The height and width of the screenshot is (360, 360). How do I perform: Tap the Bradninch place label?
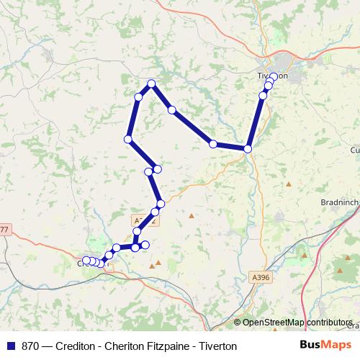coord(339,203)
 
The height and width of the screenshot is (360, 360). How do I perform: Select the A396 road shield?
coord(261,275)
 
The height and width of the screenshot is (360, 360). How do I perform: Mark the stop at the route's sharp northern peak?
coord(151,84)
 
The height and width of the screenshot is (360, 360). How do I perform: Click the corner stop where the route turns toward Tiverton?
coord(248,149)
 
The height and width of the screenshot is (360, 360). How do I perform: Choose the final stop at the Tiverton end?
coord(274,77)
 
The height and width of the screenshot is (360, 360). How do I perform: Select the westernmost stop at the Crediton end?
coord(86,260)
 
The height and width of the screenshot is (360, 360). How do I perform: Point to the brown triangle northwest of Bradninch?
coord(289,184)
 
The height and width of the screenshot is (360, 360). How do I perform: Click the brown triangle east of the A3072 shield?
coord(192,215)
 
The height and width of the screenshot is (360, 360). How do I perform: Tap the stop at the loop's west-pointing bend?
coord(128,139)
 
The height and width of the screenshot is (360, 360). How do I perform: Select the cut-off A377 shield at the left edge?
coord(4,230)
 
